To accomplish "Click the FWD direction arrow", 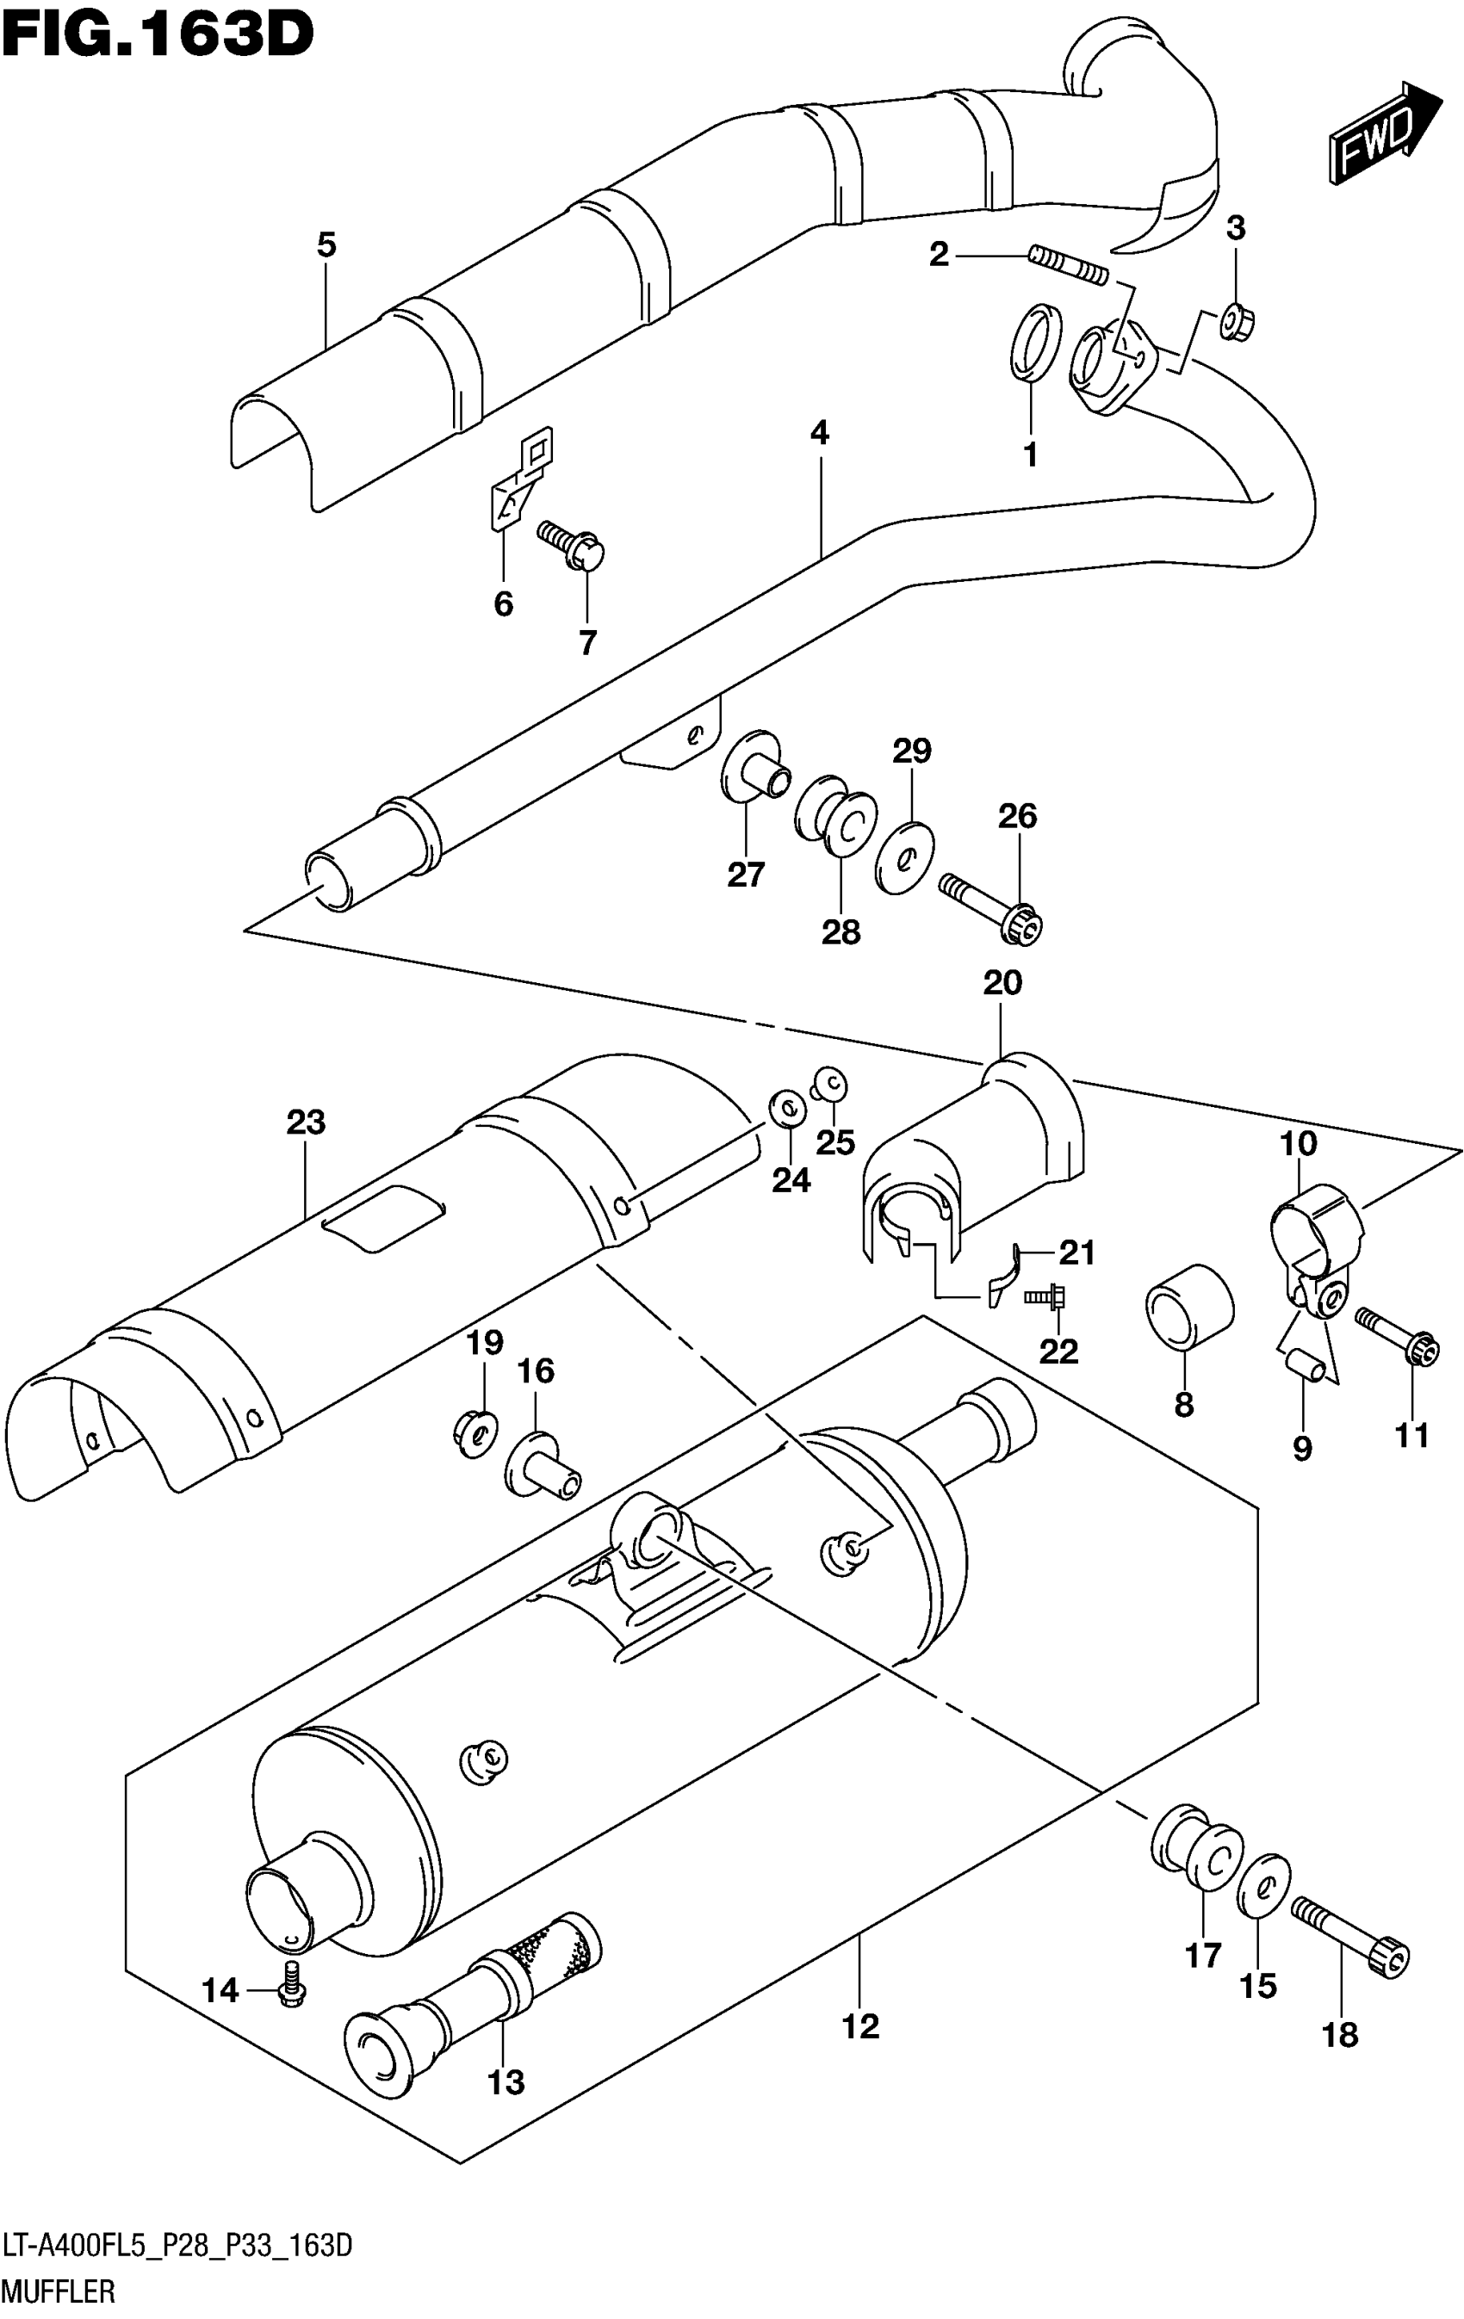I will click(1383, 133).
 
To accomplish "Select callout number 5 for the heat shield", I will click(326, 245).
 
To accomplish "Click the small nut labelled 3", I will click(1235, 323).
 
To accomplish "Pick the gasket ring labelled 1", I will click(1035, 342).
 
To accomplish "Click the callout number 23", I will click(306, 1122).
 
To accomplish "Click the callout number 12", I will click(861, 2026).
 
